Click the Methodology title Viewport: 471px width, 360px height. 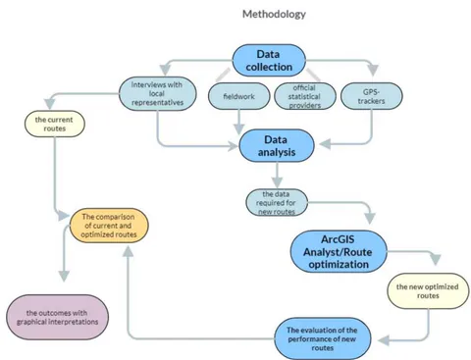[x=274, y=14]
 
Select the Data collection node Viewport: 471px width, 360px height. [x=269, y=61]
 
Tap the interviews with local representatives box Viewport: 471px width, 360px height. [x=157, y=93]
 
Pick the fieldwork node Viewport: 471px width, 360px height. [x=239, y=96]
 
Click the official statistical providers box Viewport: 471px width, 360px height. [x=305, y=96]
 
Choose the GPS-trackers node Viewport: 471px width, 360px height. [x=372, y=96]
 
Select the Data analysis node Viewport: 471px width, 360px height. [x=277, y=146]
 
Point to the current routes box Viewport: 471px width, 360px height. [x=55, y=124]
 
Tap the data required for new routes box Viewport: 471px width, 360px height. [x=277, y=203]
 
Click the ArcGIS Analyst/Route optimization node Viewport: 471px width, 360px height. [x=339, y=251]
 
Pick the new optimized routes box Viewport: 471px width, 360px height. [x=428, y=291]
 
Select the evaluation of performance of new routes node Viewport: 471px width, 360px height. [x=323, y=338]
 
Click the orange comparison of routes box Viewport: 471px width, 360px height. [x=109, y=226]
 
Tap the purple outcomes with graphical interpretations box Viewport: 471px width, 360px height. [x=58, y=317]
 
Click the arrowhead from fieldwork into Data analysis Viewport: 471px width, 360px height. [x=239, y=129]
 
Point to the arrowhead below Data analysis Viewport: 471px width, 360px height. [x=277, y=182]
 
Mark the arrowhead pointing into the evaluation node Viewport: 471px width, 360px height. [x=384, y=340]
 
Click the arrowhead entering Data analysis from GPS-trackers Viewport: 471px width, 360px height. [x=325, y=143]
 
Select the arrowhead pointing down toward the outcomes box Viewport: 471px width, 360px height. [x=64, y=277]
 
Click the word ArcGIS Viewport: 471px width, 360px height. [x=338, y=239]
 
